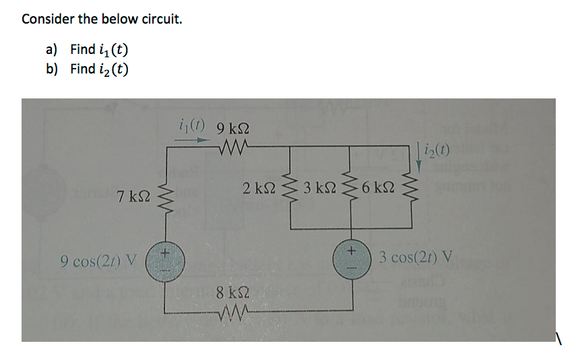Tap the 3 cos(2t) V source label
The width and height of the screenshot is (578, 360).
click(x=416, y=257)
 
